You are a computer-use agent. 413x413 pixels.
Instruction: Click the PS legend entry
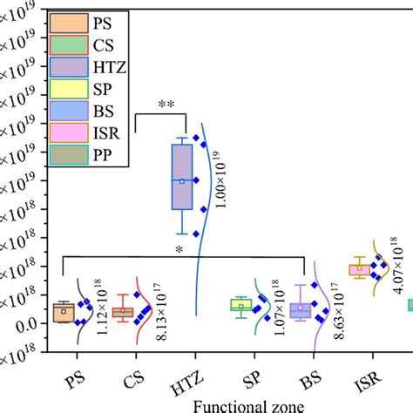87,20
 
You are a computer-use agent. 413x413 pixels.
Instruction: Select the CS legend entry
87,43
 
